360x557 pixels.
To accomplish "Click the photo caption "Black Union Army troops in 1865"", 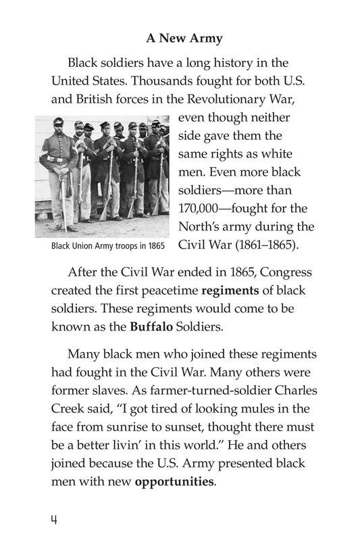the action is pos(108,245).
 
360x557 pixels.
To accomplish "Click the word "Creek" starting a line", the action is pos(69,410).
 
